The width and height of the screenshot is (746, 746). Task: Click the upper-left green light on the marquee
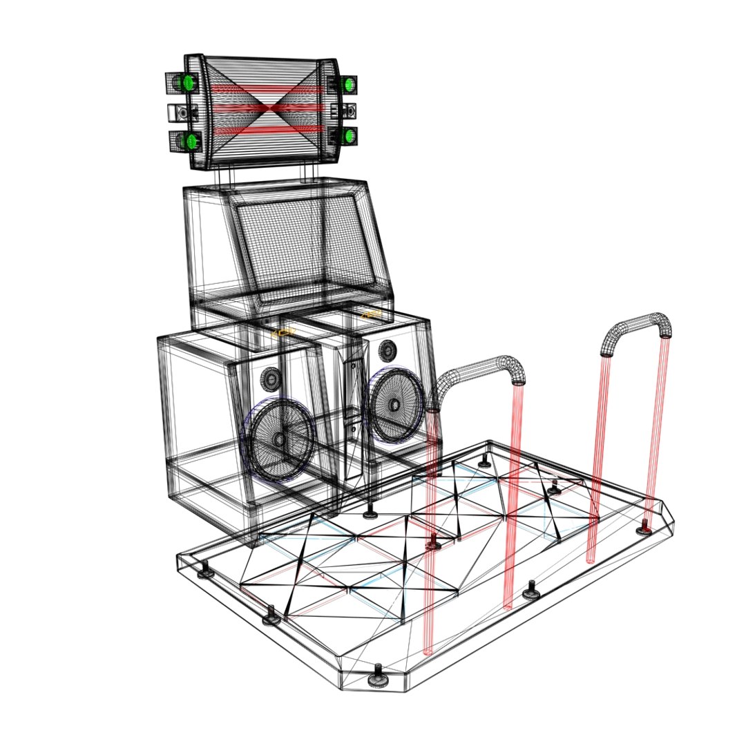coord(186,84)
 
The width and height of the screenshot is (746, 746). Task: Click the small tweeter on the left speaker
coord(271,378)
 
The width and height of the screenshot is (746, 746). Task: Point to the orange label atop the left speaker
coord(281,332)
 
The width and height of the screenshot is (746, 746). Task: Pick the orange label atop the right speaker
coord(374,314)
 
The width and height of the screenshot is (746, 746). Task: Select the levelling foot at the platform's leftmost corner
coord(204,573)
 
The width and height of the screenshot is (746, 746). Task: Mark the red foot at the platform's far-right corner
coord(644,528)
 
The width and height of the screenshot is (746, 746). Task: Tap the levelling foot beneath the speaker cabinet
coord(372,512)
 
